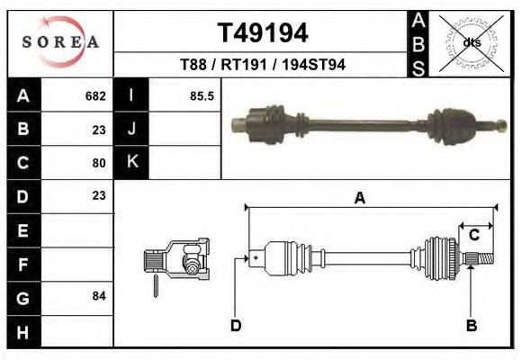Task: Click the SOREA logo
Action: (59, 43)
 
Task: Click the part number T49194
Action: (263, 33)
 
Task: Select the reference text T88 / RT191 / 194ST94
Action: (262, 65)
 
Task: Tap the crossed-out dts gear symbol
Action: (471, 41)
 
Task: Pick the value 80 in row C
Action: (99, 163)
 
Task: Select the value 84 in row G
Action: (99, 296)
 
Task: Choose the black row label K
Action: (131, 163)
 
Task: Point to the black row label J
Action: (131, 130)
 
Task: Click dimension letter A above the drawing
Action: (359, 199)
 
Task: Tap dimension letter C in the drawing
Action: (472, 235)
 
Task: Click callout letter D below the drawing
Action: (236, 325)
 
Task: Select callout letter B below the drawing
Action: (471, 325)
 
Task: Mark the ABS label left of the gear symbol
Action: (418, 42)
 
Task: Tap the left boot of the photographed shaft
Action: (270, 121)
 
